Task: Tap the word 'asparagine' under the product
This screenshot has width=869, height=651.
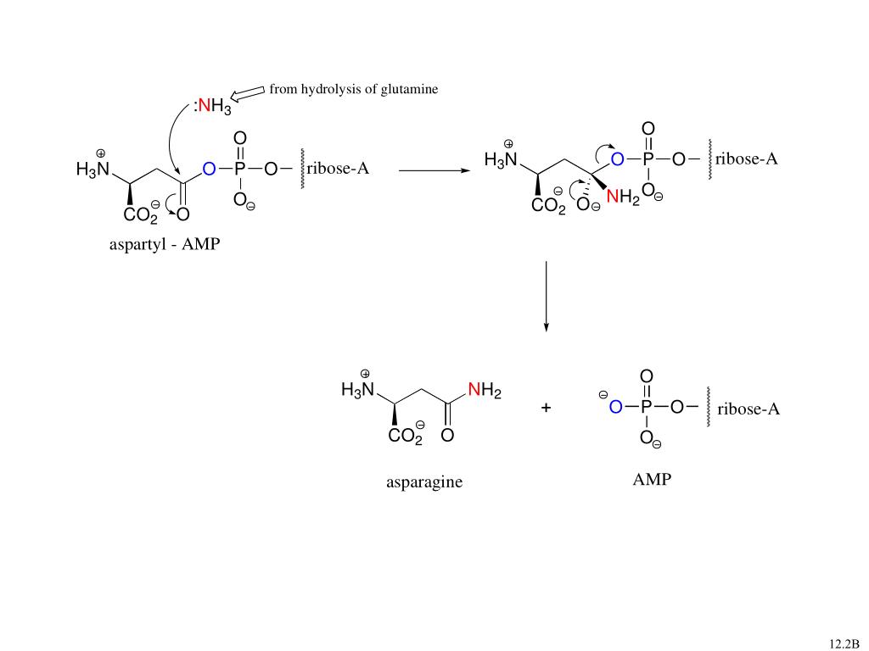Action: click(x=424, y=482)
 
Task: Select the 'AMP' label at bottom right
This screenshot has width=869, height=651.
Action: click(x=651, y=480)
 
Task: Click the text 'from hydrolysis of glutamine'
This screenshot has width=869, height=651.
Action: click(x=354, y=89)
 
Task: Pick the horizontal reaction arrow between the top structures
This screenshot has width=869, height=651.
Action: click(x=434, y=170)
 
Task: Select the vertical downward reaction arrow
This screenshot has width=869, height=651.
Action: click(x=546, y=297)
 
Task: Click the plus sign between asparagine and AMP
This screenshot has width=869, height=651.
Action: click(x=546, y=409)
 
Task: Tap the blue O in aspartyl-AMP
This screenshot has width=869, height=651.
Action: click(x=208, y=170)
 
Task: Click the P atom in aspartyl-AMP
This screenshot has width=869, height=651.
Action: click(x=240, y=170)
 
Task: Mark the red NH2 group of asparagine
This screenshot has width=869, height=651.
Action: click(x=485, y=392)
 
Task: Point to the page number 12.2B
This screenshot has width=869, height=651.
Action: click(x=844, y=643)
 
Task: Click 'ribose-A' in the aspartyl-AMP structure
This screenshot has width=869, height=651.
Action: click(x=338, y=168)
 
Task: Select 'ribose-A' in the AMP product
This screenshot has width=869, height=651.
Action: click(x=748, y=409)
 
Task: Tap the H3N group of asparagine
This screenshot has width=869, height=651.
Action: click(x=356, y=391)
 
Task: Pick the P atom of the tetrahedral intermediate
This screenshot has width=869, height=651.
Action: click(x=648, y=159)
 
